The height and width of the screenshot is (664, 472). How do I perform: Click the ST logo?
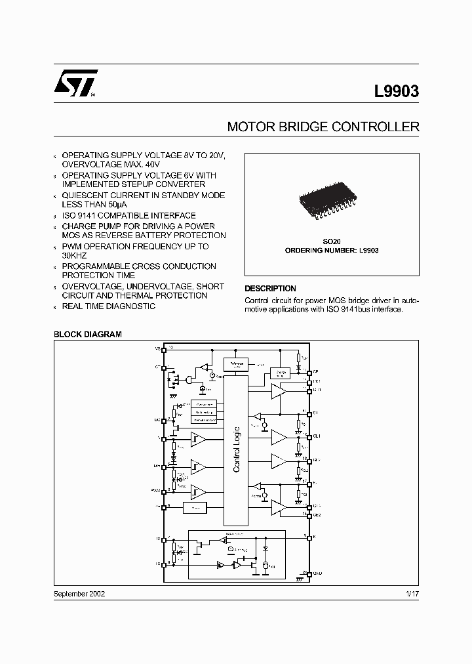pyautogui.click(x=75, y=84)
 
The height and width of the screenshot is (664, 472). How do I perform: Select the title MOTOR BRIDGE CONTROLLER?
pyautogui.click(x=323, y=127)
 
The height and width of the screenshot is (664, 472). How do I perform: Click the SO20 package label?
pyautogui.click(x=332, y=241)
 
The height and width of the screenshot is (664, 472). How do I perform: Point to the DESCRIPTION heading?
pyautogui.click(x=270, y=289)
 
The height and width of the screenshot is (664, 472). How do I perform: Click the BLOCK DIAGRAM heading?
pyautogui.click(x=88, y=335)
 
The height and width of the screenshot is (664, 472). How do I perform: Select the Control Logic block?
pyautogui.click(x=236, y=450)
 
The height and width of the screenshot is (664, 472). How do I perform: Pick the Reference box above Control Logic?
pyautogui.click(x=236, y=364)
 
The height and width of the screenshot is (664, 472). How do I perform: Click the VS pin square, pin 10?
pyautogui.click(x=163, y=350)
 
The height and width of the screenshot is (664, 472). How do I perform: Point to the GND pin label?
pyautogui.click(x=317, y=573)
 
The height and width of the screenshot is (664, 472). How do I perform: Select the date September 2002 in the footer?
pyautogui.click(x=79, y=593)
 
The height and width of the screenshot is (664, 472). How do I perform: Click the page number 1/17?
pyautogui.click(x=412, y=593)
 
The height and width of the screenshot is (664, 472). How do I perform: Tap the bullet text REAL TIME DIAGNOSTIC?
pyautogui.click(x=108, y=306)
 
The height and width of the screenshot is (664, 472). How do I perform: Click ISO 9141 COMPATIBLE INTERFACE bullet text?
pyautogui.click(x=128, y=215)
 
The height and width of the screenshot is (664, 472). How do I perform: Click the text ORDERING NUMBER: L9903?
pyautogui.click(x=332, y=251)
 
